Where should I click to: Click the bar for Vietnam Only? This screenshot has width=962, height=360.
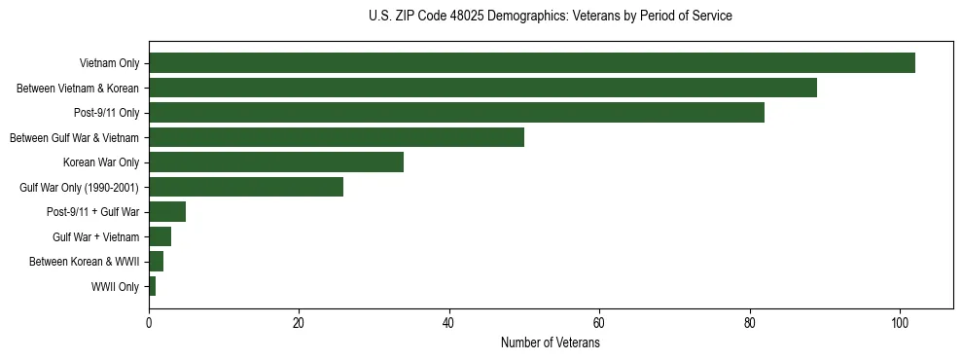(x=532, y=63)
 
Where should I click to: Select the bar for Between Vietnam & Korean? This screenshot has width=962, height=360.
(x=482, y=88)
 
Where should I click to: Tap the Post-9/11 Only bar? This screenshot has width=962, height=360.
(x=456, y=113)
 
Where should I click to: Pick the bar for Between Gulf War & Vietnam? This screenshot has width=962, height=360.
(x=337, y=137)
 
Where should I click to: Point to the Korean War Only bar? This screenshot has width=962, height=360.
(x=276, y=162)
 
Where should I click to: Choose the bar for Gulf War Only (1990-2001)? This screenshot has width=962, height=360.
(x=246, y=187)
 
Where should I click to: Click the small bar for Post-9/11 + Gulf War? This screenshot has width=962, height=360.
(x=167, y=212)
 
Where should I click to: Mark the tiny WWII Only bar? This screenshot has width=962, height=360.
(x=153, y=286)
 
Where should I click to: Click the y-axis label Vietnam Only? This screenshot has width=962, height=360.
(x=109, y=64)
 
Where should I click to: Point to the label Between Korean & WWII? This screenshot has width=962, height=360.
(x=84, y=262)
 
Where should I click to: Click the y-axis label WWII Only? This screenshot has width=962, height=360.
(x=115, y=287)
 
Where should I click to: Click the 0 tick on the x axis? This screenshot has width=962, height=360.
(x=149, y=323)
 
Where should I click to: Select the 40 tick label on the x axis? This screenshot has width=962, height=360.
(x=449, y=323)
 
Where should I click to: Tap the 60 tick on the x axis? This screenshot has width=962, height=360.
(x=599, y=323)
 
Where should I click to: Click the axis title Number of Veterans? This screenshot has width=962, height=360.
(x=550, y=343)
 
